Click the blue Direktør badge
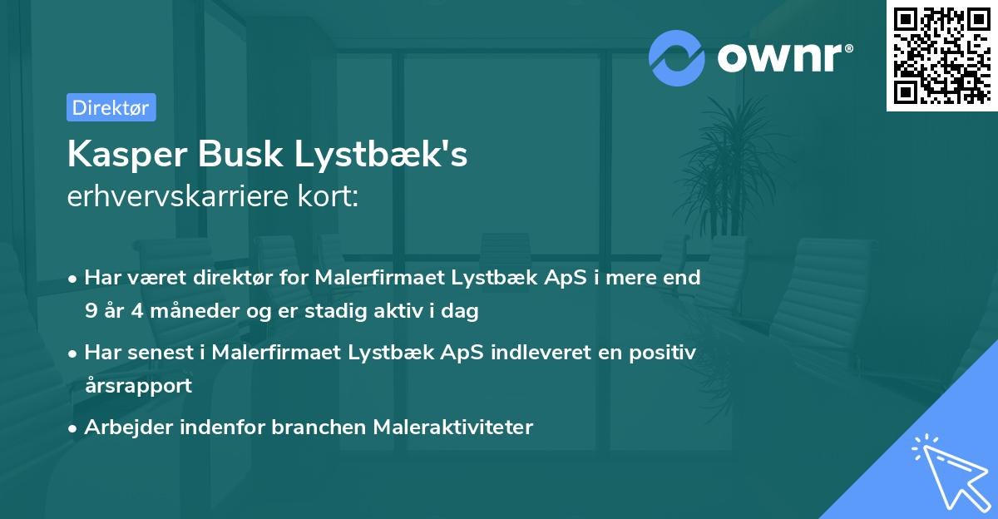(x=111, y=107)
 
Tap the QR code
(x=941, y=55)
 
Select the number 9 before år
(x=90, y=311)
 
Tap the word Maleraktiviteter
(x=452, y=427)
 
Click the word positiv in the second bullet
(x=665, y=352)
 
